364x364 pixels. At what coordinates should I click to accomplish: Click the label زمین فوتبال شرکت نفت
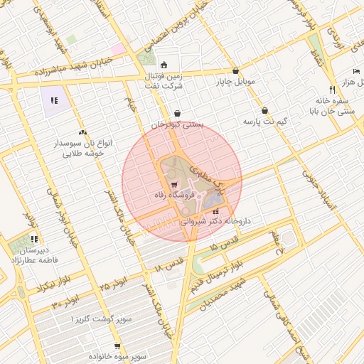coord(167,80)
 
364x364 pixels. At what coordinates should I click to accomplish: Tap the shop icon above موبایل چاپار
coord(235,70)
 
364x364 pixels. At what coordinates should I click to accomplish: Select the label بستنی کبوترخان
coord(177,124)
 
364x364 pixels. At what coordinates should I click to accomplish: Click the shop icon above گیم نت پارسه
coord(265,111)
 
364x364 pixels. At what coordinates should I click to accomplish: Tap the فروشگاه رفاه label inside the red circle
coord(170,194)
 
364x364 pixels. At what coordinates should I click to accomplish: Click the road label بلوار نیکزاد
coord(36,287)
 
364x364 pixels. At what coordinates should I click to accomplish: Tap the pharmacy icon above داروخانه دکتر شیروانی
coord(215,211)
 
